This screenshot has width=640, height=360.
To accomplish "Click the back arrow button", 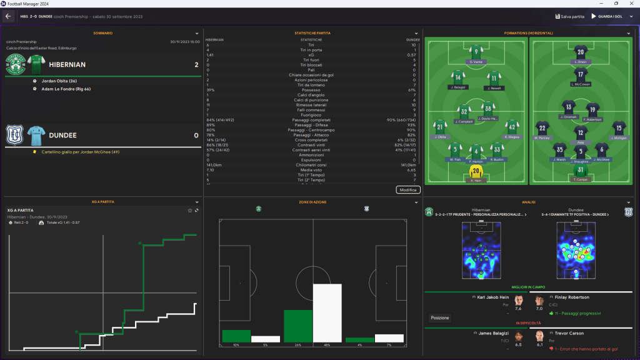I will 9,16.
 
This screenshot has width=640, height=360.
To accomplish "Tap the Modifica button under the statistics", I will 408,189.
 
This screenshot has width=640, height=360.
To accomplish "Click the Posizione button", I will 439,317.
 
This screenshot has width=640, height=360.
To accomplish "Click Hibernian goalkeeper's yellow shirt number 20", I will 476,171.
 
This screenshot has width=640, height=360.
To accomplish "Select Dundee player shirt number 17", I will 581,74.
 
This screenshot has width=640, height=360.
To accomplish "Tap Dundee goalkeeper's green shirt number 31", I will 581,170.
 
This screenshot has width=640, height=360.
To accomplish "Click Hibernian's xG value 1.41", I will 211,55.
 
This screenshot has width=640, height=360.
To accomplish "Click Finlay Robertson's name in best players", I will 572,297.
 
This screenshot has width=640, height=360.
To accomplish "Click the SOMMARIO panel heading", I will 103,33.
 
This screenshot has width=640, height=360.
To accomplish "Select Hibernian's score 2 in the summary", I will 196,64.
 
